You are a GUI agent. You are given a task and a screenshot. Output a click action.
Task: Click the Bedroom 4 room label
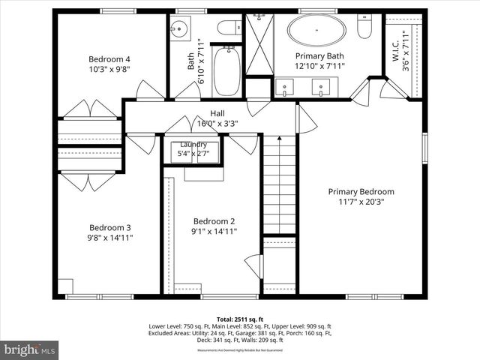tap(109, 59)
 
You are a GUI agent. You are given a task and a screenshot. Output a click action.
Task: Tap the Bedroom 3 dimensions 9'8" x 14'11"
tap(111, 238)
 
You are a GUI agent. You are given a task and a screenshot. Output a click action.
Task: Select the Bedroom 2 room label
tap(214, 221)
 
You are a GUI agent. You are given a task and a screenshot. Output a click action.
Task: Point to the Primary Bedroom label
tap(361, 191)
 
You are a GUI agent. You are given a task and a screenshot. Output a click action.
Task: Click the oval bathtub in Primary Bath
tap(318, 31)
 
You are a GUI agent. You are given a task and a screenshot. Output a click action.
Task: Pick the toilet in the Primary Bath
tap(364, 28)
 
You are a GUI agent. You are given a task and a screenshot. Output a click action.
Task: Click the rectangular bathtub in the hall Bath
tap(226, 71)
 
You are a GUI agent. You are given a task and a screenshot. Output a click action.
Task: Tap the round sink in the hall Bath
tap(179, 30)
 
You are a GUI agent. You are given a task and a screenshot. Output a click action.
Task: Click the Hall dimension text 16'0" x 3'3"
tap(217, 124)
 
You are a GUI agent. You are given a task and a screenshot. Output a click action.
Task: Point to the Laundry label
tap(193, 144)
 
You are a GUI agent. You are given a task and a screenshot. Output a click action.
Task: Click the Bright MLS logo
tap(30, 349)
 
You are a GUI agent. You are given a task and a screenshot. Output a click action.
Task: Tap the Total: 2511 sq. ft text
tap(240, 319)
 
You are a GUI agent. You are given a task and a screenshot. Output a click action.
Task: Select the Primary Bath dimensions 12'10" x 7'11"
tap(319, 66)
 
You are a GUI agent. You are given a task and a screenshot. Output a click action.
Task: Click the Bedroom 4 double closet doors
tap(90, 110)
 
